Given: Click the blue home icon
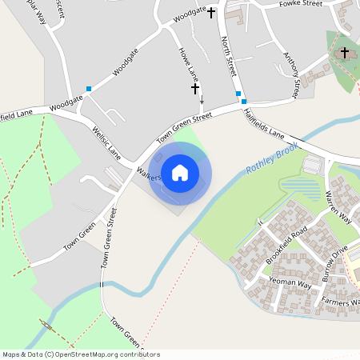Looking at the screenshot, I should click(180, 173).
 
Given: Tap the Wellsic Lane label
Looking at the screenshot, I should click(106, 142).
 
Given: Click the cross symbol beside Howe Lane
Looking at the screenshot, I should click(194, 90).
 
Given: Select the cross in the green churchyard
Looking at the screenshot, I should click(345, 53).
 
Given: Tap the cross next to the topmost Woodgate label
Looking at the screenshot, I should click(212, 13).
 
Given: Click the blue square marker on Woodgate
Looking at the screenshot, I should click(89, 89).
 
